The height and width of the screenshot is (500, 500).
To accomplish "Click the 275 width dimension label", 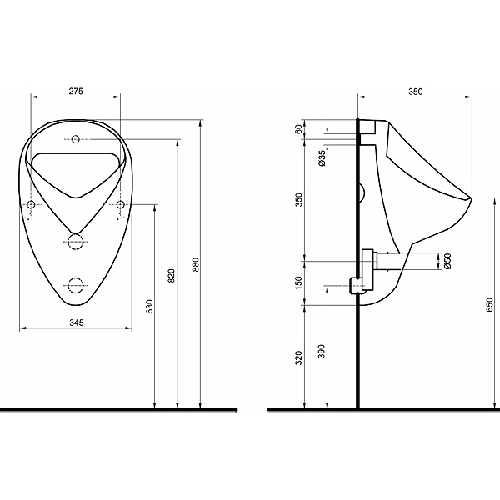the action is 76,91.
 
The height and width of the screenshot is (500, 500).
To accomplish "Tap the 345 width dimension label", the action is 77,322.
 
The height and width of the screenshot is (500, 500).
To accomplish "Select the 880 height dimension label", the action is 196,264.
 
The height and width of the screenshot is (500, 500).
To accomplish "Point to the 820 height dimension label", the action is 171,276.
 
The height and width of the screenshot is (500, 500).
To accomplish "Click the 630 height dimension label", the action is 149,306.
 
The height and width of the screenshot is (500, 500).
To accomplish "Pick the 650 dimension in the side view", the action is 490,305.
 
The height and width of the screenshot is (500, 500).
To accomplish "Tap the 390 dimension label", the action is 322,352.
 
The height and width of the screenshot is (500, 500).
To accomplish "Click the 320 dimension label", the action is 298,357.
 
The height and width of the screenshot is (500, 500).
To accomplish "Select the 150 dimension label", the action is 298,282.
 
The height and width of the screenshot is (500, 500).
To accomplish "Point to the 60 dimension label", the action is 298,129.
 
